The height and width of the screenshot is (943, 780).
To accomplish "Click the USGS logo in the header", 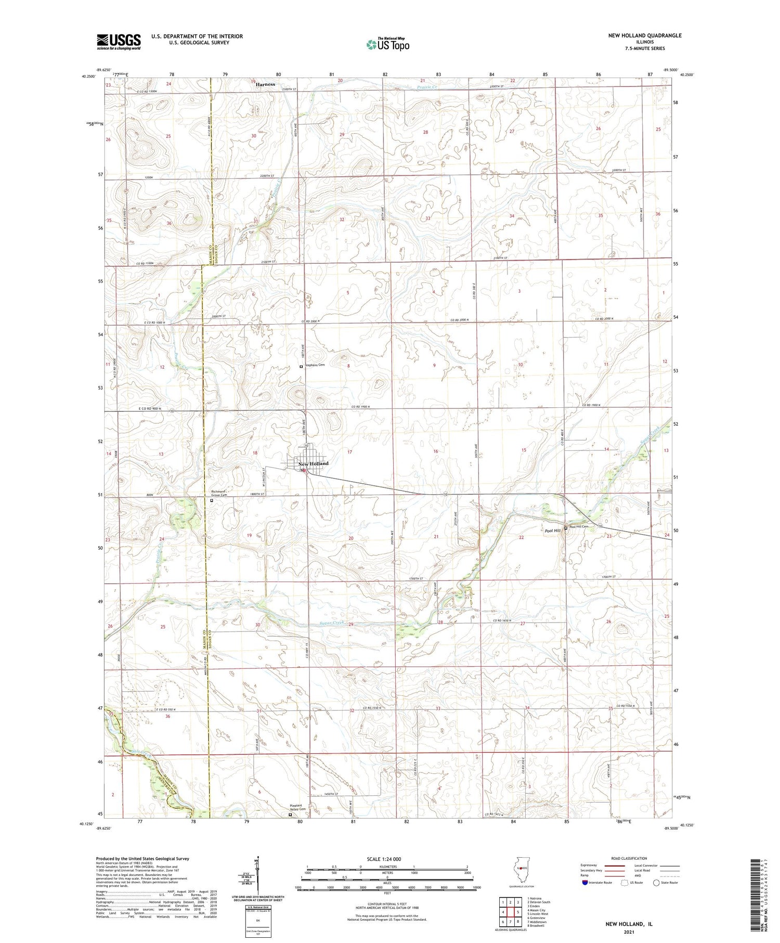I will pyautogui.click(x=119, y=42).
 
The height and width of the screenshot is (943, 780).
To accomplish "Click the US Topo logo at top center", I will pyautogui.click(x=387, y=45).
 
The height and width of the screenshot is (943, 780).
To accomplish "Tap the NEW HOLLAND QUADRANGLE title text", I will pyautogui.click(x=644, y=35).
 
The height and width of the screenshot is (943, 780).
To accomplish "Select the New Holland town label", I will pyautogui.click(x=313, y=463).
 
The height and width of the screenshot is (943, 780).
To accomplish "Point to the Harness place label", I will pyautogui.click(x=265, y=84).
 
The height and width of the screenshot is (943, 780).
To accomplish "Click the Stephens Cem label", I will pyautogui.click(x=315, y=365).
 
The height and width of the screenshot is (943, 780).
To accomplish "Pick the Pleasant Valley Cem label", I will pyautogui.click(x=297, y=808).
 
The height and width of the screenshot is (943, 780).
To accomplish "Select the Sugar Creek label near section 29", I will pyautogui.click(x=332, y=623).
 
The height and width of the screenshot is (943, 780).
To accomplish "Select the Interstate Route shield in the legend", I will pyautogui.click(x=585, y=882).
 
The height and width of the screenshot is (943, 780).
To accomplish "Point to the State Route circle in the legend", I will pyautogui.click(x=656, y=882).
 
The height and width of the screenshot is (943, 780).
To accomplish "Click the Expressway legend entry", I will pyautogui.click(x=591, y=866).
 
